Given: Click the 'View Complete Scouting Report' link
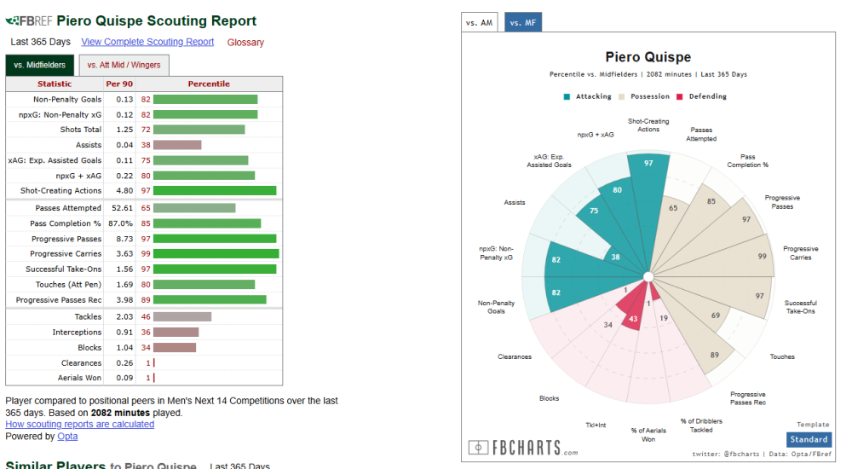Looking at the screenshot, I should point(147,42).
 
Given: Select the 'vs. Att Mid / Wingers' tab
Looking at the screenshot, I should point(124,65).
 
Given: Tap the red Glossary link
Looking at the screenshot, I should point(245,43).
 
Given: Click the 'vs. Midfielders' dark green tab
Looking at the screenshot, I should point(40,65).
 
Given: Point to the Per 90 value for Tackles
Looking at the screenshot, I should point(118,317).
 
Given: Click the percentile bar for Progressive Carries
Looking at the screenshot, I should point(216,254).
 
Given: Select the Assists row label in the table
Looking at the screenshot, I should point(88,145).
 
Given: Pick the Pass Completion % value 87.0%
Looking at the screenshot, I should point(118,223).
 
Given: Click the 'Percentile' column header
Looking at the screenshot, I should point(209,84).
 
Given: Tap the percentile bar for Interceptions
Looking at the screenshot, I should point(176,333).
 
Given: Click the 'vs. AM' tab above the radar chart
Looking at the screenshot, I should point(479,23).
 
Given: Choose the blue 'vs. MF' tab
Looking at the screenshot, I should point(522,23).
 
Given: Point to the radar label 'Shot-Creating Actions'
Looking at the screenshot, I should point(648,125).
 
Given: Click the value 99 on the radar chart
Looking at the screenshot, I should point(762,256).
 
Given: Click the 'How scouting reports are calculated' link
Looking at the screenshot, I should point(80,424).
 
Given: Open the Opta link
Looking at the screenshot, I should point(67,437).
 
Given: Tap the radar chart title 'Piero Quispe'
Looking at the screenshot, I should point(648,57).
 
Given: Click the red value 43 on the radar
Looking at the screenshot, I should point(633,319).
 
